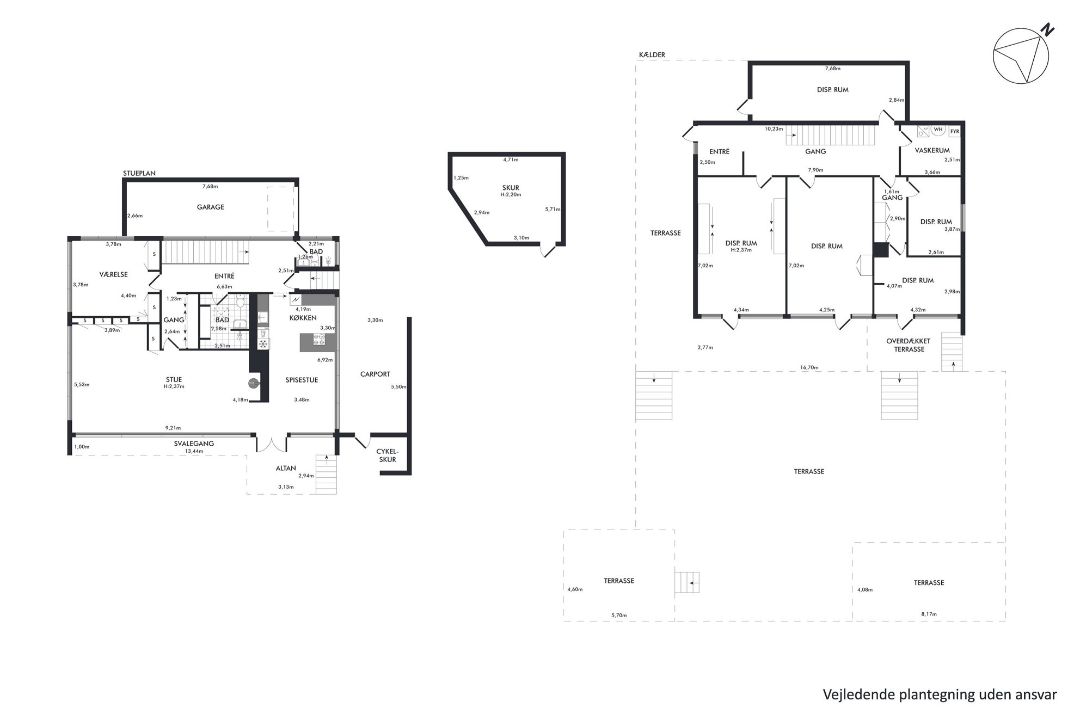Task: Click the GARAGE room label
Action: (210, 207)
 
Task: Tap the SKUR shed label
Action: (511, 188)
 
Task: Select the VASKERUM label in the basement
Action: (932, 151)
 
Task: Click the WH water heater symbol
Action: (937, 130)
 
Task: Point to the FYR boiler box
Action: (954, 132)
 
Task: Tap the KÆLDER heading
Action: (652, 55)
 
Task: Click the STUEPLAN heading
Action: (139, 174)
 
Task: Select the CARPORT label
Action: (375, 374)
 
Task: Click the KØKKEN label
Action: (303, 318)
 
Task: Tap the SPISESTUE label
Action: (302, 380)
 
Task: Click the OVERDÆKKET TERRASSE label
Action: (909, 346)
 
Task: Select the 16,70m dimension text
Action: (809, 367)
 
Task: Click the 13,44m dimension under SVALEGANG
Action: (194, 451)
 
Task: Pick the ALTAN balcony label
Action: (286, 468)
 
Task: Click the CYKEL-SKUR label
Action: (388, 456)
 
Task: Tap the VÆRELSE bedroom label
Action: (113, 275)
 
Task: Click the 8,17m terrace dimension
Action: (929, 614)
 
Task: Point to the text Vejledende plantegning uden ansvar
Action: (940, 695)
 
